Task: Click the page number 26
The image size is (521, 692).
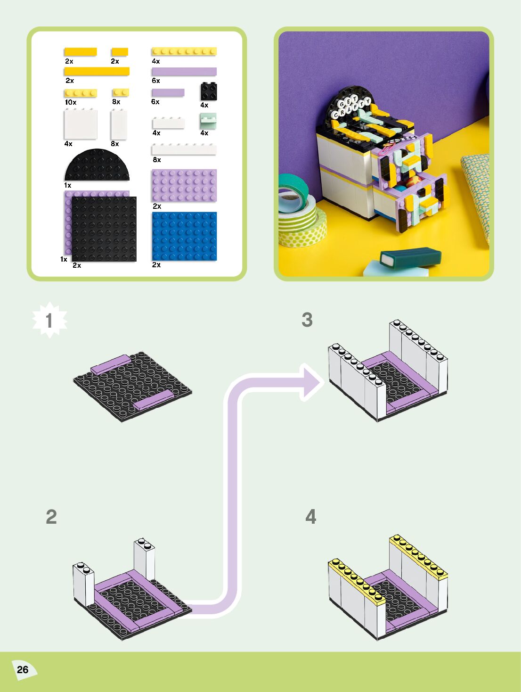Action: [x=23, y=669]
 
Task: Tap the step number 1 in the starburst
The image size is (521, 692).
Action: [x=49, y=321]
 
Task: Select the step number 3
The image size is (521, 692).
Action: [x=307, y=320]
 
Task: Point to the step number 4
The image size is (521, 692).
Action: [x=310, y=517]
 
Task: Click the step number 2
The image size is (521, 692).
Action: [x=51, y=517]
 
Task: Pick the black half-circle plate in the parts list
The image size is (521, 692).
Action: [x=97, y=166]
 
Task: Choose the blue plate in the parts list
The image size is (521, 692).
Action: [x=184, y=236]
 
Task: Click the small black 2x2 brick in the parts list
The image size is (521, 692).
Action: [x=209, y=91]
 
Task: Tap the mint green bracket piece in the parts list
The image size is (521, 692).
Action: [x=208, y=121]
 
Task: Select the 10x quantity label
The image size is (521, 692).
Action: [x=71, y=102]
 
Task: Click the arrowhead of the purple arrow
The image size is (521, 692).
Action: [x=312, y=382]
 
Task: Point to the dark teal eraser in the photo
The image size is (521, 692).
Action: [x=411, y=256]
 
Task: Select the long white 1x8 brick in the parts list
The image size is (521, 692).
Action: [x=184, y=150]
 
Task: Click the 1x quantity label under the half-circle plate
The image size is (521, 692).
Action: [x=68, y=185]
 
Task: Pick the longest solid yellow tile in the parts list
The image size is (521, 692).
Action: [x=97, y=71]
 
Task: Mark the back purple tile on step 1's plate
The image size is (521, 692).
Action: [x=111, y=364]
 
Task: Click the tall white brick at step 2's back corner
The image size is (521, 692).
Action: [x=144, y=561]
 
